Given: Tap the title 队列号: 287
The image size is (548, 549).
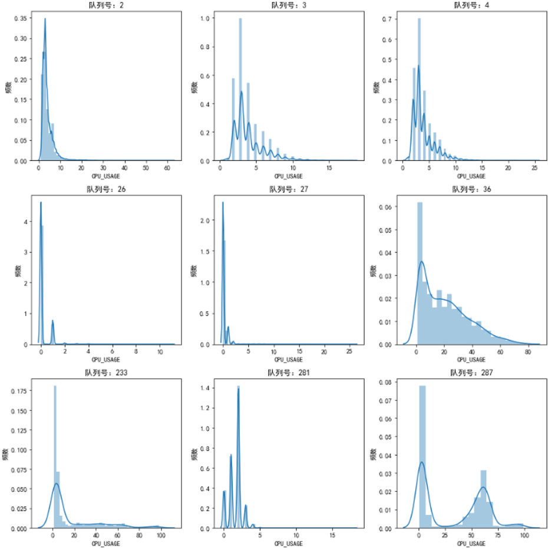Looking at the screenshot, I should pyautogui.click(x=470, y=373).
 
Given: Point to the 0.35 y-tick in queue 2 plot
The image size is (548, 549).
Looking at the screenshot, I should pyautogui.click(x=19, y=18).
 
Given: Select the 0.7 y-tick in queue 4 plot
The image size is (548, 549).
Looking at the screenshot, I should pyautogui.click(x=387, y=19).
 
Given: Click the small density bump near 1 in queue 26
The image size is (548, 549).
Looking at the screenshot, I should pyautogui.click(x=53, y=322).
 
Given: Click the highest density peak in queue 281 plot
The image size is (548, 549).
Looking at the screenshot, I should pyautogui.click(x=239, y=389).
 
